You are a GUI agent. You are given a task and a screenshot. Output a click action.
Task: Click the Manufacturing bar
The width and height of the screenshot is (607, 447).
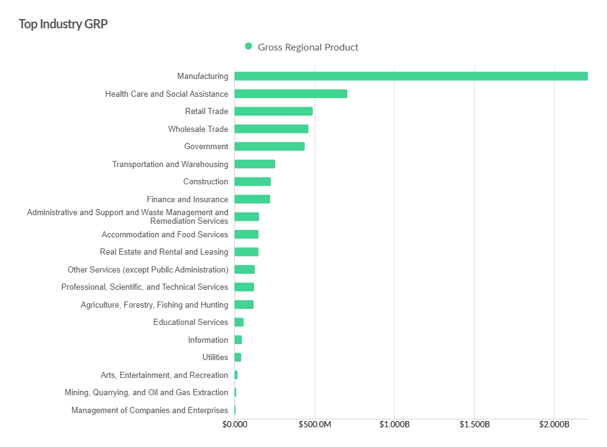click(411, 76)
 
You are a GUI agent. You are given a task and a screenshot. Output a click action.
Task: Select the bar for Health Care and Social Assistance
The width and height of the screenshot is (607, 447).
click(291, 94)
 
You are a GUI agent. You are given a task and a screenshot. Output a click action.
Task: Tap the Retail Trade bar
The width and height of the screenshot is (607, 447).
click(273, 112)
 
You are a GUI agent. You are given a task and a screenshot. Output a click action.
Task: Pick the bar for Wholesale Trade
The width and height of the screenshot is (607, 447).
click(271, 129)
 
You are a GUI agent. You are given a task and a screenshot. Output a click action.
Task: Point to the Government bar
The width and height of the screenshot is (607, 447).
click(270, 147)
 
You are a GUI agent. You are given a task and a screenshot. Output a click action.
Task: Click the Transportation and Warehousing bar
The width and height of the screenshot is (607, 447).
click(255, 164)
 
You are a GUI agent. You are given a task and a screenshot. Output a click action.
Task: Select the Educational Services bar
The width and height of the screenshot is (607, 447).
click(239, 322)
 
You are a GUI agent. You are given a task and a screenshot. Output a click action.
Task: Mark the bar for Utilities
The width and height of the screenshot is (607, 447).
click(238, 357)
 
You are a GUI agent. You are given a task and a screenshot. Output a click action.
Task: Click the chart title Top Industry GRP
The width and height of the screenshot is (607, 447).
click(64, 24)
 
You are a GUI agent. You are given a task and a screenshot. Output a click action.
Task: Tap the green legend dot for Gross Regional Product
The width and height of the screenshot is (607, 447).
click(249, 46)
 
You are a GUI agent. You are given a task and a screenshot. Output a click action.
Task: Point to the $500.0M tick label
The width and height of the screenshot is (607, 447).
click(315, 425)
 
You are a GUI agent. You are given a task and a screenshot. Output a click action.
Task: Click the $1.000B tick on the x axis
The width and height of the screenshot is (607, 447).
click(394, 425)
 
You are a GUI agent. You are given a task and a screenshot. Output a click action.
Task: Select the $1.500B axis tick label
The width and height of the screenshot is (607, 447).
click(474, 425)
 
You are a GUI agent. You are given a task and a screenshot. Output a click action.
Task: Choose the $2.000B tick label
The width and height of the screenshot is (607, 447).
click(554, 425)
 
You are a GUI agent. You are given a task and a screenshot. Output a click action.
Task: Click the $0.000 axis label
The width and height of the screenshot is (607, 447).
click(234, 425)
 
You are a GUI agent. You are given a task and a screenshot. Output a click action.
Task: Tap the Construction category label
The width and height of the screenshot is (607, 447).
click(205, 182)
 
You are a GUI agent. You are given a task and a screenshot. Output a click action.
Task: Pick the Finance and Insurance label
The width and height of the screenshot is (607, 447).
click(188, 199)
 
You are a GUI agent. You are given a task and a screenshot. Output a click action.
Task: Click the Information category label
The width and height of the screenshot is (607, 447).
click(208, 340)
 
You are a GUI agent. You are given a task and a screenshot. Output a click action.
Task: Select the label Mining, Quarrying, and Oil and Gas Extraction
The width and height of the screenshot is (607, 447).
click(146, 393)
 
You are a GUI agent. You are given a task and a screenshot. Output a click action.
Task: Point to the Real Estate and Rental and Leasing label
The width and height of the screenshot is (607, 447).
click(164, 252)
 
